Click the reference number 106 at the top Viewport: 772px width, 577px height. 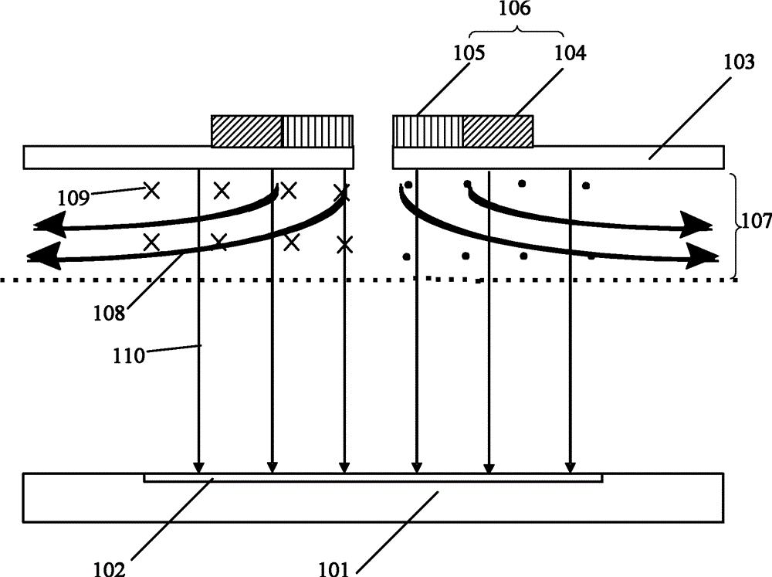pos(514,8)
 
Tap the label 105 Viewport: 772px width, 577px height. pos(469,53)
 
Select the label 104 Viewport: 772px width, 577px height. pos(571,53)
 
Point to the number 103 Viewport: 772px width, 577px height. pos(739,62)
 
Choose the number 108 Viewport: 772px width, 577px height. pos(110,312)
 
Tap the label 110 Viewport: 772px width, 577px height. pos(129,355)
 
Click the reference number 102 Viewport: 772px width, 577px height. pos(110,569)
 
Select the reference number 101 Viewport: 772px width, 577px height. pos(334,569)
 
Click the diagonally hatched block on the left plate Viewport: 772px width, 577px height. pos(247,131)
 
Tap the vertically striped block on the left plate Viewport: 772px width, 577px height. pos(317,131)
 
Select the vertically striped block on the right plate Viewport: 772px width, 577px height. pos(428,131)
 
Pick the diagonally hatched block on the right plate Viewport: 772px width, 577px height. pos(498,131)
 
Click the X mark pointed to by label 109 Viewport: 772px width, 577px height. pos(151,190)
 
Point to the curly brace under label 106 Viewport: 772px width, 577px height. pos(516,32)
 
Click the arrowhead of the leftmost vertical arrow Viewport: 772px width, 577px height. pos(198,467)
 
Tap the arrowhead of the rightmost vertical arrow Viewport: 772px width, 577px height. pos(571,467)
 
